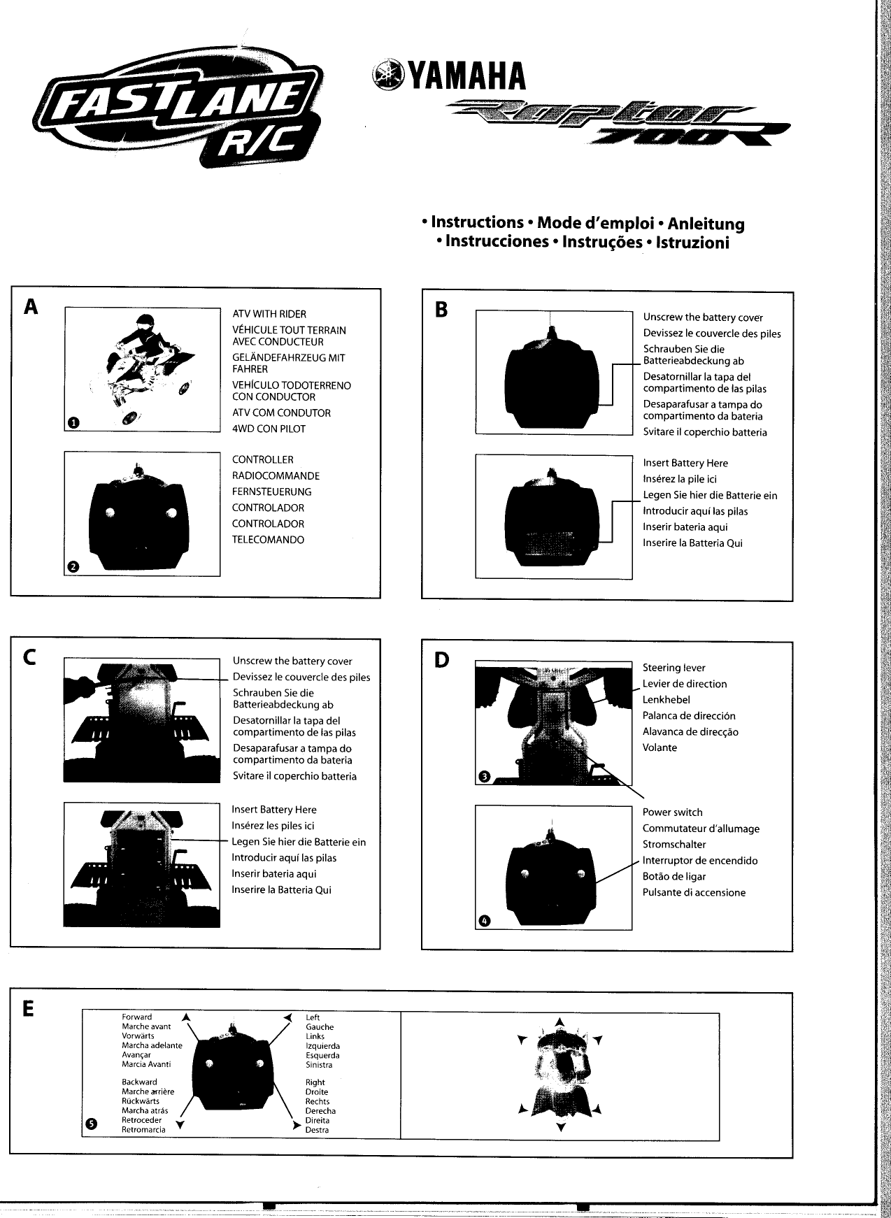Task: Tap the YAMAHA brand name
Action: pos(464,76)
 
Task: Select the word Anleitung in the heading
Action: pos(706,224)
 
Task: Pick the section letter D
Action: pos(441,659)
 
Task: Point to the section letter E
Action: pos(28,1008)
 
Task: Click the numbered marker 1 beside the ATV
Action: pos(74,422)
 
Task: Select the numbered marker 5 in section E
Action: pos(91,1124)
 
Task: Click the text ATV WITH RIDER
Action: pos(269,315)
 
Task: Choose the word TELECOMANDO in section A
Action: pos(268,540)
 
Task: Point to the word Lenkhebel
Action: pos(666,700)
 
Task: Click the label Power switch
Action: pos(672,812)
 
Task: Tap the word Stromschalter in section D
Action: pos(674,845)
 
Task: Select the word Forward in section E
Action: pos(137,1017)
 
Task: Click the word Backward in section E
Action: pos(139,1082)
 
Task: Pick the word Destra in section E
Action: pos(317,1130)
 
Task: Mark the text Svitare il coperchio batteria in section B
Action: pos(705,432)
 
